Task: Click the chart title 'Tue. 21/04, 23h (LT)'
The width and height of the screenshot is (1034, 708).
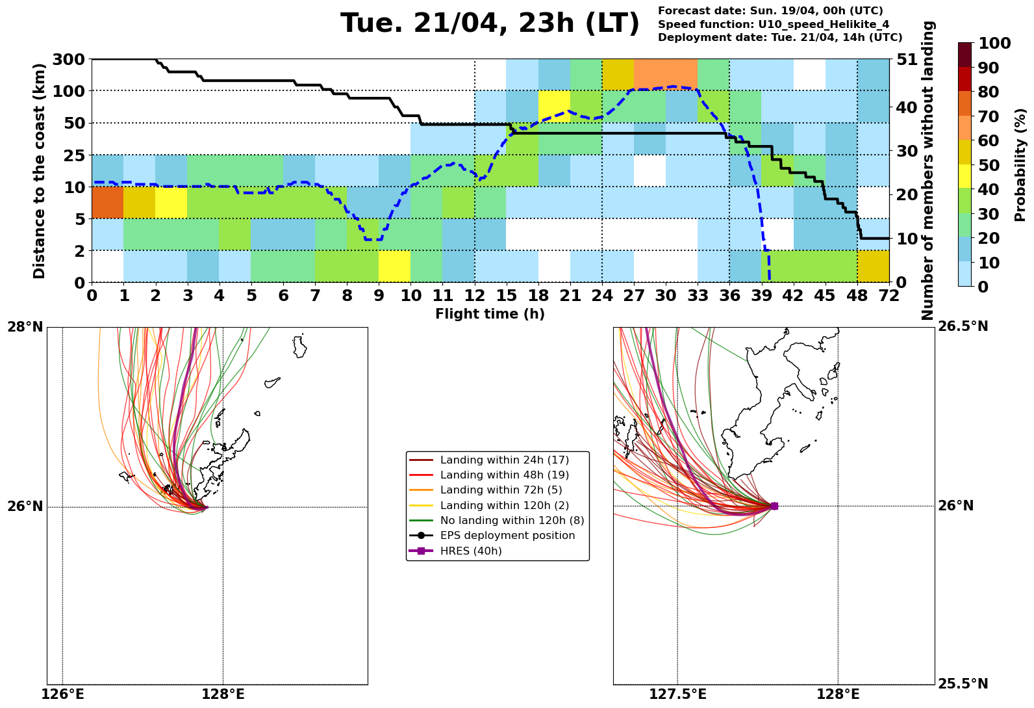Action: click(490, 24)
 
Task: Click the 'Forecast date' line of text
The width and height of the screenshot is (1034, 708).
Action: click(770, 11)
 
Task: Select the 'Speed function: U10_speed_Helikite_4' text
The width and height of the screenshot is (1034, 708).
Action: click(774, 24)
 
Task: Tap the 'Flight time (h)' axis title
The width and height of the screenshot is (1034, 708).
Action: click(490, 315)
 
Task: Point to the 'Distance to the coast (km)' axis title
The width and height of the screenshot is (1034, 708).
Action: click(40, 171)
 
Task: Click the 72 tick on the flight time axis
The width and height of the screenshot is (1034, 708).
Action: click(889, 296)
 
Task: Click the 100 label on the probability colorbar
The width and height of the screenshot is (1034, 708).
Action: click(994, 44)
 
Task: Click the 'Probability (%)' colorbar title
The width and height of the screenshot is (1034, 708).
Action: click(1020, 165)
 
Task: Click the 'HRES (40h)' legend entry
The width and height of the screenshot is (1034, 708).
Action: click(470, 551)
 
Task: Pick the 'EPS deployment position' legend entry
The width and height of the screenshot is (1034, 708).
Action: click(507, 536)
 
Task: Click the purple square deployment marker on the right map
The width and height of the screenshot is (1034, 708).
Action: click(774, 506)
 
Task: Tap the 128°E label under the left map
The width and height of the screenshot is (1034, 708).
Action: click(223, 695)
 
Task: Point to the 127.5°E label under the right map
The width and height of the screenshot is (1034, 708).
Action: click(677, 695)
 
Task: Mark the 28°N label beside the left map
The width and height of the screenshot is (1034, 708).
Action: click(25, 326)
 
